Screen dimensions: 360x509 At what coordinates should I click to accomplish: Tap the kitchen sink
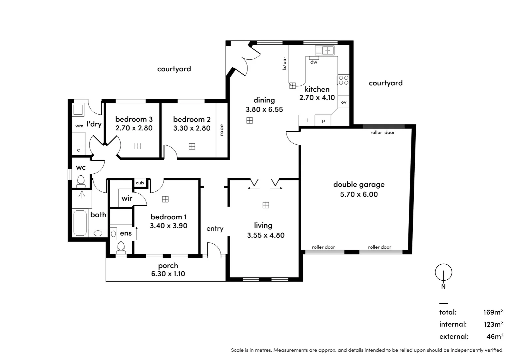[x=324, y=51]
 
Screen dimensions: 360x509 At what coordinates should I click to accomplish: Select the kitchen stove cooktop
[x=343, y=80]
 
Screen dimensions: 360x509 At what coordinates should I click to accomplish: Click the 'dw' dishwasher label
[x=314, y=62]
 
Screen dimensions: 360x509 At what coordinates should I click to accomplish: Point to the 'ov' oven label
[x=343, y=102]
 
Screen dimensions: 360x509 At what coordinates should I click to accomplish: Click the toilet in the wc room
[x=81, y=181]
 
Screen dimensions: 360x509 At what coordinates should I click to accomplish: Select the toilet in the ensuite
[x=121, y=247]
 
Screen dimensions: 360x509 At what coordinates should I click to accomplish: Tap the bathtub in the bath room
[x=80, y=223]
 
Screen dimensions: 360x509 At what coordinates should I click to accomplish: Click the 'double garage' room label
[x=359, y=184]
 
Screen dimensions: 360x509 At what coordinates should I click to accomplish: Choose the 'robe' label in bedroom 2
[x=222, y=130]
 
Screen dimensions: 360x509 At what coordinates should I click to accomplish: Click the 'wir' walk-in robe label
[x=127, y=198]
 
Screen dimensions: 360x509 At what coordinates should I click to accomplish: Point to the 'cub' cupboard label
[x=140, y=183]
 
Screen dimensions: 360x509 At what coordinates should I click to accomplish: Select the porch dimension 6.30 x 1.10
[x=168, y=274]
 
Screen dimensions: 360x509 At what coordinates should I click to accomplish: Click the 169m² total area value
[x=493, y=312]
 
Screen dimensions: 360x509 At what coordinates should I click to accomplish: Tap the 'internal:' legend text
[x=453, y=324]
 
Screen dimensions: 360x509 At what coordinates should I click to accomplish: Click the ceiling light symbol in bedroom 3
[x=138, y=146]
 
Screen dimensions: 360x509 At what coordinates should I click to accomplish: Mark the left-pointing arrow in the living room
[x=254, y=188]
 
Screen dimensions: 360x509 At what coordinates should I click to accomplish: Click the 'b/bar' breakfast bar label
[x=284, y=63]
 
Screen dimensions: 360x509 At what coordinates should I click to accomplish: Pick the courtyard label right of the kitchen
[x=385, y=83]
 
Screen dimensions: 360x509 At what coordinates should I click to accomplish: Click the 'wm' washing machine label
[x=79, y=126]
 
